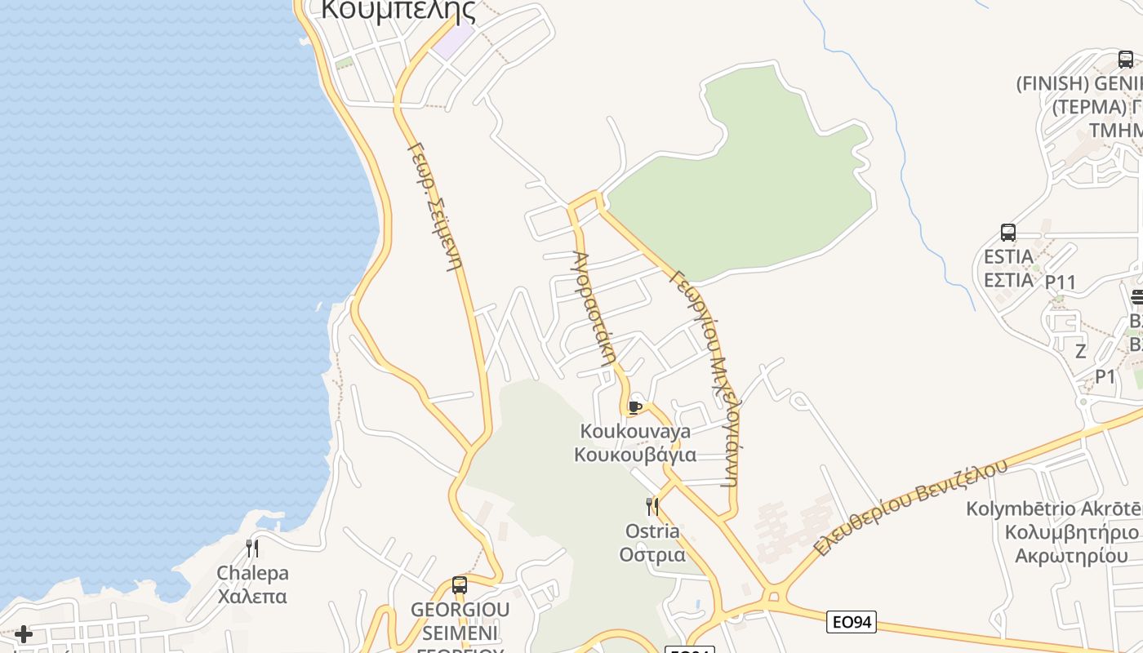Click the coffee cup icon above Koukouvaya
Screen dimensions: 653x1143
635,407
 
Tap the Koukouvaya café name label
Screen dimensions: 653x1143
635,442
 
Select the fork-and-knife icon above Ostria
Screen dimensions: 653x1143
652,507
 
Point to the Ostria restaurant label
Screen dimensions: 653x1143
652,543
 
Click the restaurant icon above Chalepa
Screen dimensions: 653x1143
252,548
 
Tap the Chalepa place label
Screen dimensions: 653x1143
252,584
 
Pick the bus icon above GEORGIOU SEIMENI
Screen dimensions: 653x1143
460,584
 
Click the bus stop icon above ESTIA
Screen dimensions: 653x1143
1008,233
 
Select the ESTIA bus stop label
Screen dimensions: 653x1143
1008,268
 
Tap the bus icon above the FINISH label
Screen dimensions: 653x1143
1126,60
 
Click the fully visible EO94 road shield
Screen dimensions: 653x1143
851,622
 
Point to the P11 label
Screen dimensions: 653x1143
1061,282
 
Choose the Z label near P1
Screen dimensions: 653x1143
1081,352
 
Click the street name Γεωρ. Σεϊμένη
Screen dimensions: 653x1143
435,207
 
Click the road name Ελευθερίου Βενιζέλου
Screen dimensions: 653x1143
910,508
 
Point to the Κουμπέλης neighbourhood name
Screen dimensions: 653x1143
398,10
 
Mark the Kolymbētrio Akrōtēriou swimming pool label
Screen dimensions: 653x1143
1054,532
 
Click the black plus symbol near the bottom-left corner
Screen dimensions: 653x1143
24,634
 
